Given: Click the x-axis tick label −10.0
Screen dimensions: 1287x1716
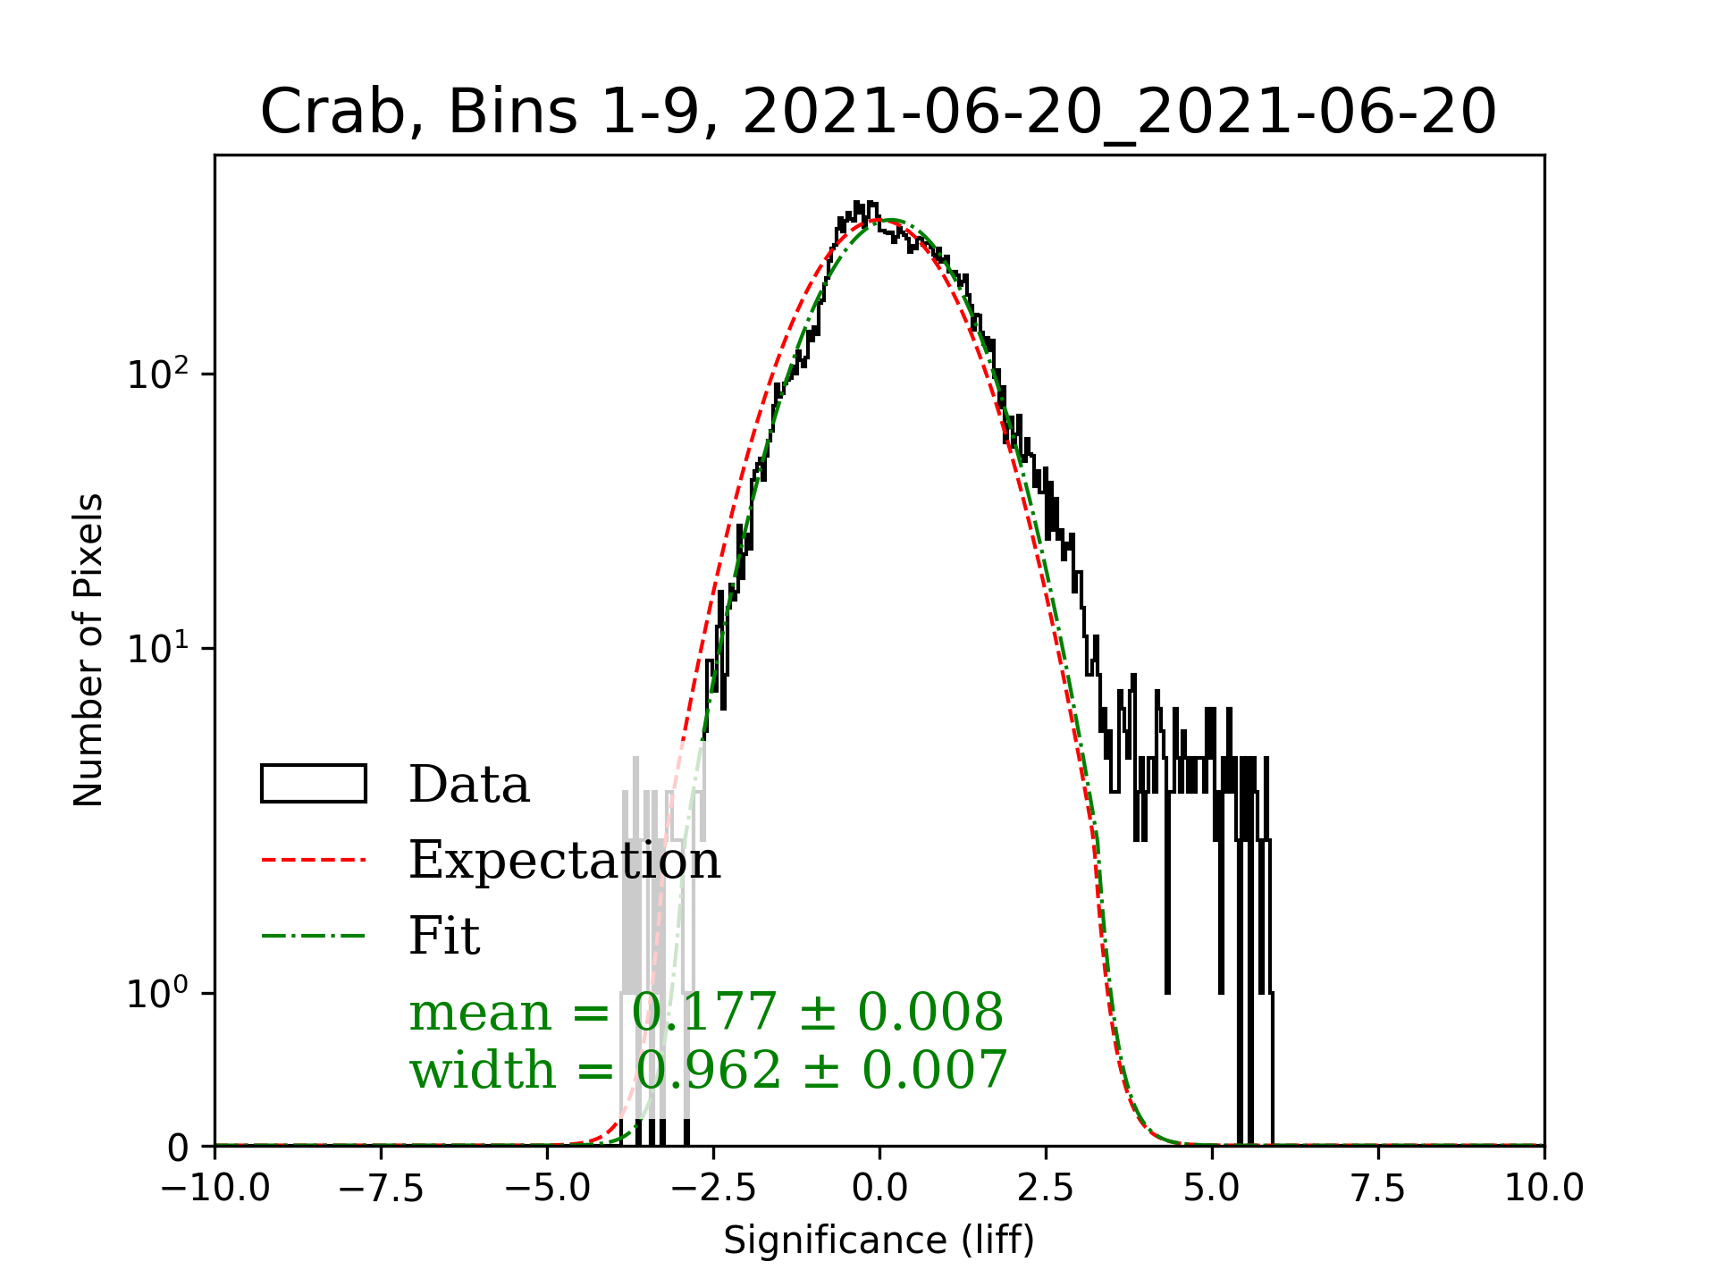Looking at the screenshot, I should pos(215,1189).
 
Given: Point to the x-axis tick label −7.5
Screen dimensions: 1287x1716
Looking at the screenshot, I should pos(382,1189).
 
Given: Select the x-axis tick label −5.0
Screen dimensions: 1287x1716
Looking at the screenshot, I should pos(548,1189).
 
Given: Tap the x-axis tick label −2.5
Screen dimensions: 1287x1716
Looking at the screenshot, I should pos(714,1189).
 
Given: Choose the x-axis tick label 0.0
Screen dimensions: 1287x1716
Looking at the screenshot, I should pos(879,1189).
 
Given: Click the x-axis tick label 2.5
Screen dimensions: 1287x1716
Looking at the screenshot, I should pos(1046,1189).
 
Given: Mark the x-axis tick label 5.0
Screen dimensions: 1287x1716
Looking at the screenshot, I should pos(1212,1189).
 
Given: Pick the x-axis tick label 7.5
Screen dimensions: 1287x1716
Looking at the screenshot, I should pos(1378,1189).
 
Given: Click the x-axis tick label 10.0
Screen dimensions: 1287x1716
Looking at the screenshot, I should pos(1544,1189).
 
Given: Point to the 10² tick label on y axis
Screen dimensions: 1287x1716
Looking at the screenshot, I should pos(157,373).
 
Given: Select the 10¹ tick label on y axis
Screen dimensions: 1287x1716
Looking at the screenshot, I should pos(157,648).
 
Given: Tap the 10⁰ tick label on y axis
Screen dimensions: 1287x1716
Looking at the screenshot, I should pos(157,992).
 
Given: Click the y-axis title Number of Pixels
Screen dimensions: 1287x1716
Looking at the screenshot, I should pos(88,650).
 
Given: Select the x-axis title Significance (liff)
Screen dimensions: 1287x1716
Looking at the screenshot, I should pos(879,1241).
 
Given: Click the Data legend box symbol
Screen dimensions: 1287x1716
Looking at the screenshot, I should pos(314,784).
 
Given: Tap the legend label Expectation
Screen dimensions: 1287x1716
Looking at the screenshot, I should pos(564,860).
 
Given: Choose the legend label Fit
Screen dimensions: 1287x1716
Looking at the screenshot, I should pos(444,936).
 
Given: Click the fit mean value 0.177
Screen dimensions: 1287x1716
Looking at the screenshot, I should pos(704,1013).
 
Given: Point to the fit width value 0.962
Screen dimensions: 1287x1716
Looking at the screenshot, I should pos(708,1070).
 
